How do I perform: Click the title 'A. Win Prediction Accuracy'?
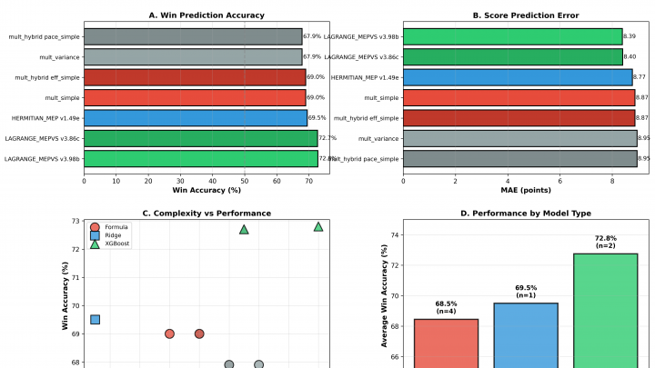[207, 15]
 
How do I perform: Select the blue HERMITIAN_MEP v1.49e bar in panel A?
[196, 117]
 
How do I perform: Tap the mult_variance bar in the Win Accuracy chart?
[193, 56]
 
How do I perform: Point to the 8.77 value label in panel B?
[640, 77]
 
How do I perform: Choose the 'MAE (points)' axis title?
[526, 189]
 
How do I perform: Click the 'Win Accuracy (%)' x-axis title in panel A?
[207, 189]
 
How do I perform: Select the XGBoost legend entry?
[116, 244]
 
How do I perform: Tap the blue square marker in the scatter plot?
[95, 319]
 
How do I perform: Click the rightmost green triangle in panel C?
[318, 226]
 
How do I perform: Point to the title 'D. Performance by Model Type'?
[526, 213]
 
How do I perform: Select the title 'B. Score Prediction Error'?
[526, 15]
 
